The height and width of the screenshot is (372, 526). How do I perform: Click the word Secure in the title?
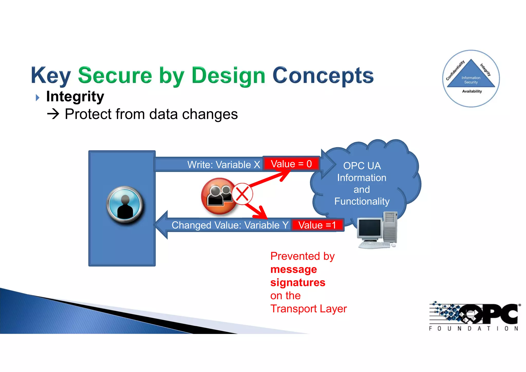115,75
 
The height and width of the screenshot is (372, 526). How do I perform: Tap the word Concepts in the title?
323,75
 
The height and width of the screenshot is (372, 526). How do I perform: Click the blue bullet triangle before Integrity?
37,98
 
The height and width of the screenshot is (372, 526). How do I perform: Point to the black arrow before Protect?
53,114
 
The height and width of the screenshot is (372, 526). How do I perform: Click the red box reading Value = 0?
291,164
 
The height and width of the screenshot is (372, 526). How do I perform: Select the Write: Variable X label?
224,165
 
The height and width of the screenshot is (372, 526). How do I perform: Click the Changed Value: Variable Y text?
230,225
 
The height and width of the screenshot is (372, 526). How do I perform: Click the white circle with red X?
242,194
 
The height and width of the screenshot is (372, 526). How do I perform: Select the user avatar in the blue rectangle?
125,204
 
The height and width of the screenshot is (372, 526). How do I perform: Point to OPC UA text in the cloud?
362,166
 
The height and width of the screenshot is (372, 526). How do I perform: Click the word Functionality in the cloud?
362,201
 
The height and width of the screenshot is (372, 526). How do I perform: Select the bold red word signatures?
298,283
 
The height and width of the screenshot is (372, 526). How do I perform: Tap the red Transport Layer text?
308,309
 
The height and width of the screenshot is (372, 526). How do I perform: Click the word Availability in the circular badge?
472,91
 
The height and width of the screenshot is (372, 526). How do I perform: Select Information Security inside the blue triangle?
471,80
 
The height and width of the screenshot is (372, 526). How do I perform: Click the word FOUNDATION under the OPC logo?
473,329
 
